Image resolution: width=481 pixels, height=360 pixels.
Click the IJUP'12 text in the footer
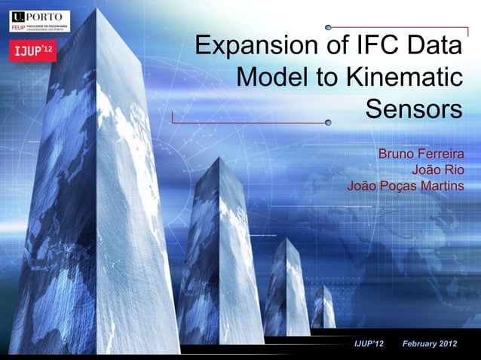pyautogui.click(x=369, y=345)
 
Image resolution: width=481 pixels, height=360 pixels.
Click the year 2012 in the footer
pyautogui.click(x=464, y=345)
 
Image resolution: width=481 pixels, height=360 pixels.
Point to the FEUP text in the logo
pyautogui.click(x=17, y=26)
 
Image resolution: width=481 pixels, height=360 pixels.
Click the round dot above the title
pyautogui.click(x=329, y=26)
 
